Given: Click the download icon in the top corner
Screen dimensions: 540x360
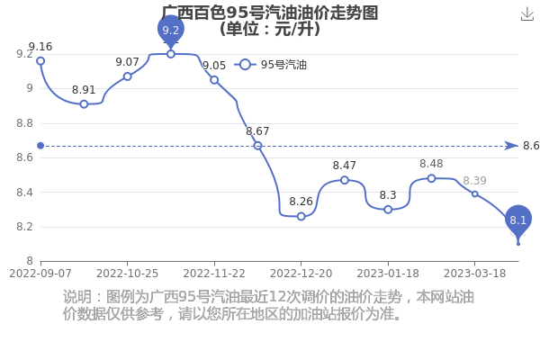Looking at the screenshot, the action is (527, 14).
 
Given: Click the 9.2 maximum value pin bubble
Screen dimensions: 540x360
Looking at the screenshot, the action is (171, 31).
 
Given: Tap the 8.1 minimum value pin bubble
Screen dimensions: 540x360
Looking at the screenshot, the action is (518, 220).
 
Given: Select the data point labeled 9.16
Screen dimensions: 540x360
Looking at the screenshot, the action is (40, 61).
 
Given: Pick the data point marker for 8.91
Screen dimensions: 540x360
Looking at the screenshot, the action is (84, 104).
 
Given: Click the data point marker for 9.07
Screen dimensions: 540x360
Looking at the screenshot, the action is (128, 76).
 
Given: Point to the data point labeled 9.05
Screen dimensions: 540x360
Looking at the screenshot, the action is (214, 80).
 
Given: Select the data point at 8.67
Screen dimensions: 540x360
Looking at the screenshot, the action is (257, 146).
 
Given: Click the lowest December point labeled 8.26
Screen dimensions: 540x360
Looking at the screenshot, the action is (301, 216).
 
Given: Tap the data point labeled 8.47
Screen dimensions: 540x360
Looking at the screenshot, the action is (345, 180).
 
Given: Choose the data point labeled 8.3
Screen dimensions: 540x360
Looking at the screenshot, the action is (388, 210).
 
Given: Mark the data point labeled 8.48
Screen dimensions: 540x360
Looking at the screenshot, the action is (431, 178).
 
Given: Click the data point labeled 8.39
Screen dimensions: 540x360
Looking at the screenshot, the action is (475, 194).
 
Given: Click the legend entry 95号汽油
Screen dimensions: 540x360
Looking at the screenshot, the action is (270, 65).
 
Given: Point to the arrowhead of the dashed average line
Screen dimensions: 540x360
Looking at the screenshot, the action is (511, 146).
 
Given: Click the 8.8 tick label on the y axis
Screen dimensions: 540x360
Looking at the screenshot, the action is (25, 123).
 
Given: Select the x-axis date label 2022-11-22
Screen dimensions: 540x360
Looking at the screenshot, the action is (214, 274).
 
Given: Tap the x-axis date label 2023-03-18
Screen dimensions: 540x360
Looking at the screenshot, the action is (475, 274).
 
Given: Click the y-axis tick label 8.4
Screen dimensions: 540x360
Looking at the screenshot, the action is (25, 193).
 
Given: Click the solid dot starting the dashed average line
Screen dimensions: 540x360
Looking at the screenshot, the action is (40, 146).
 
